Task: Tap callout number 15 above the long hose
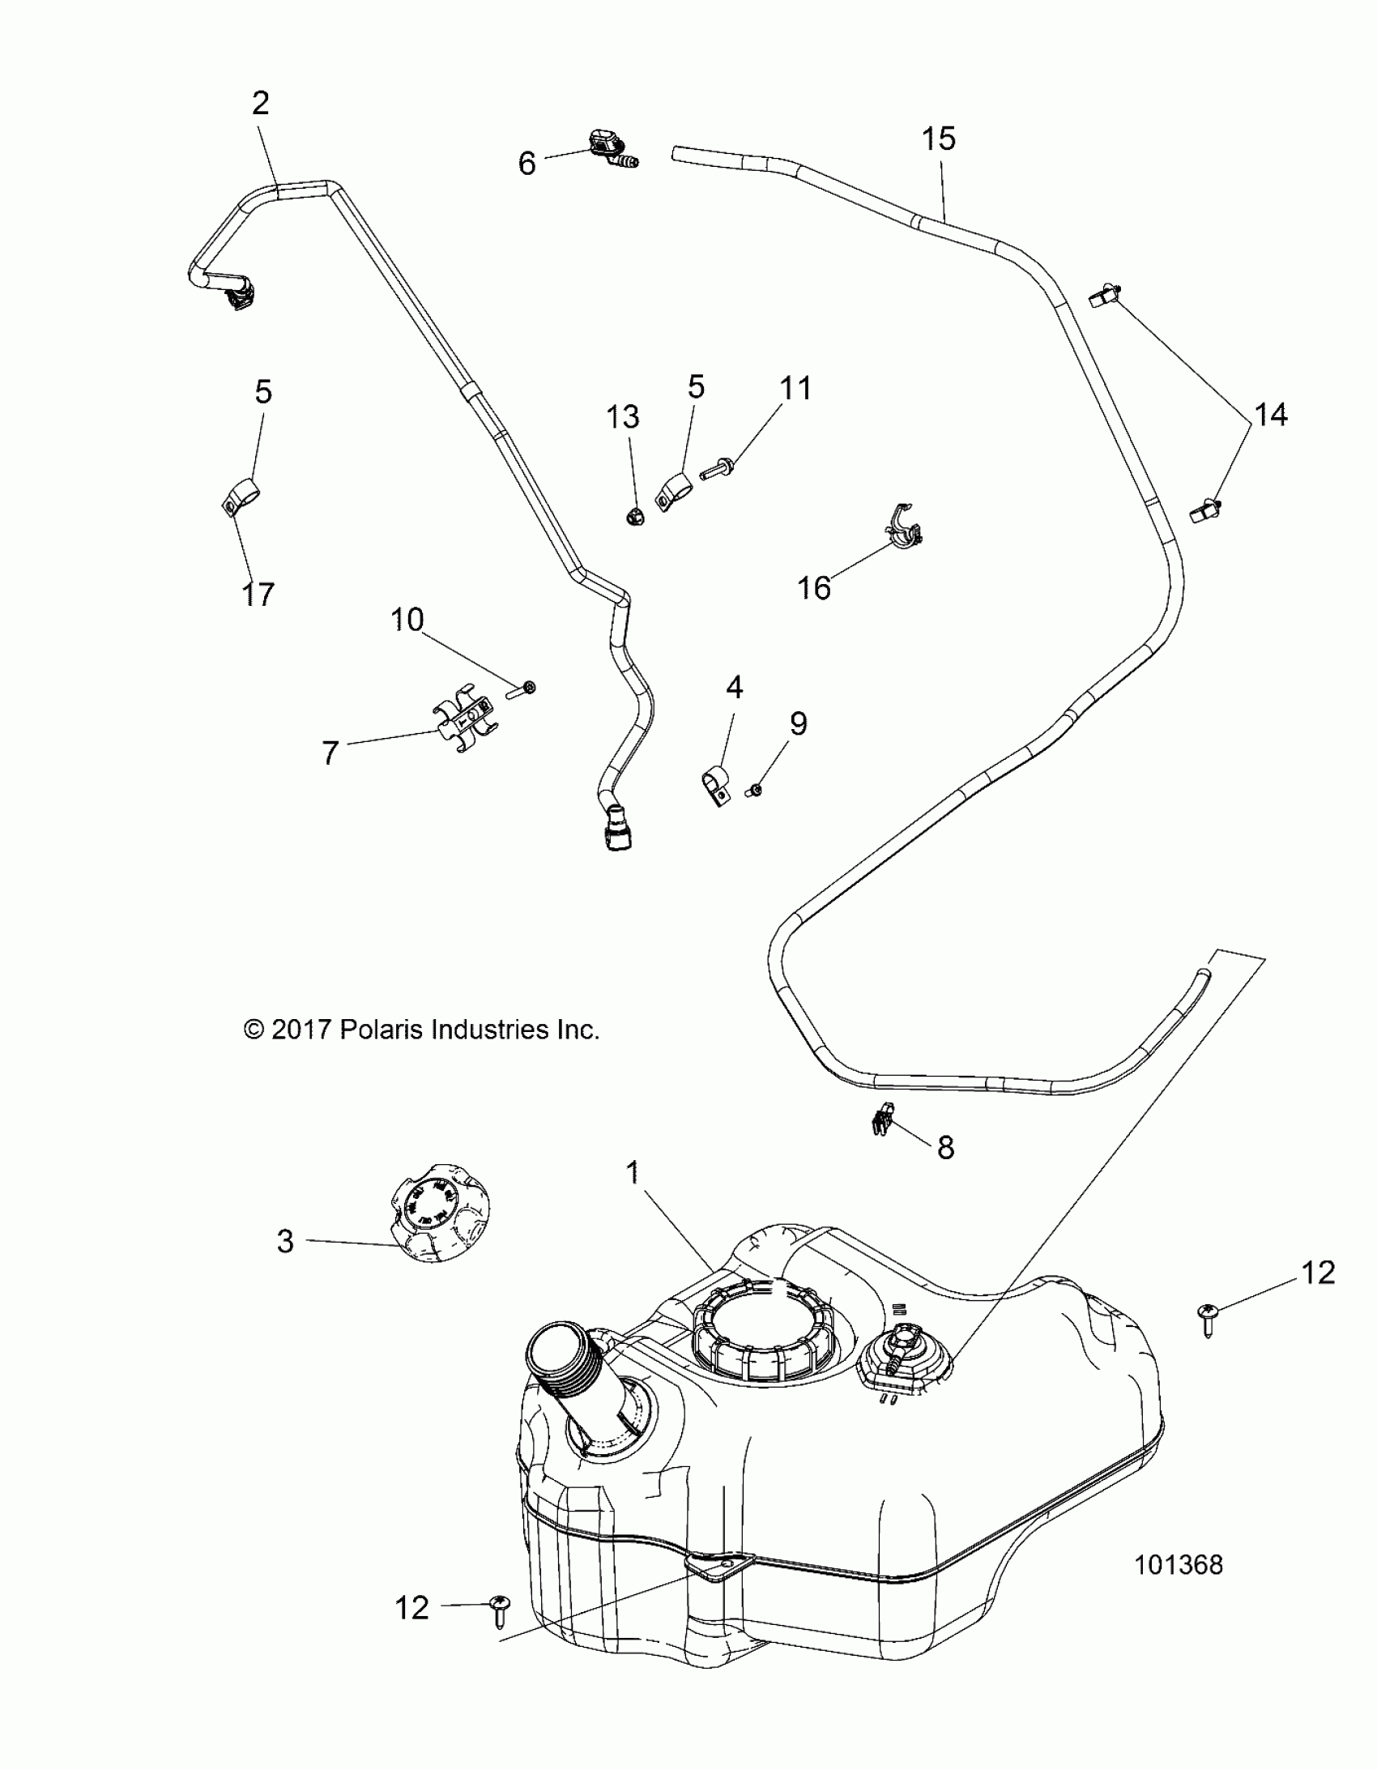[939, 139]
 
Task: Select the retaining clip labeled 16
[905, 527]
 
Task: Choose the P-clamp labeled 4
[715, 783]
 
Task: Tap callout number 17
[258, 594]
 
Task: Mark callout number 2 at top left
[260, 104]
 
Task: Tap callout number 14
[1270, 415]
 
